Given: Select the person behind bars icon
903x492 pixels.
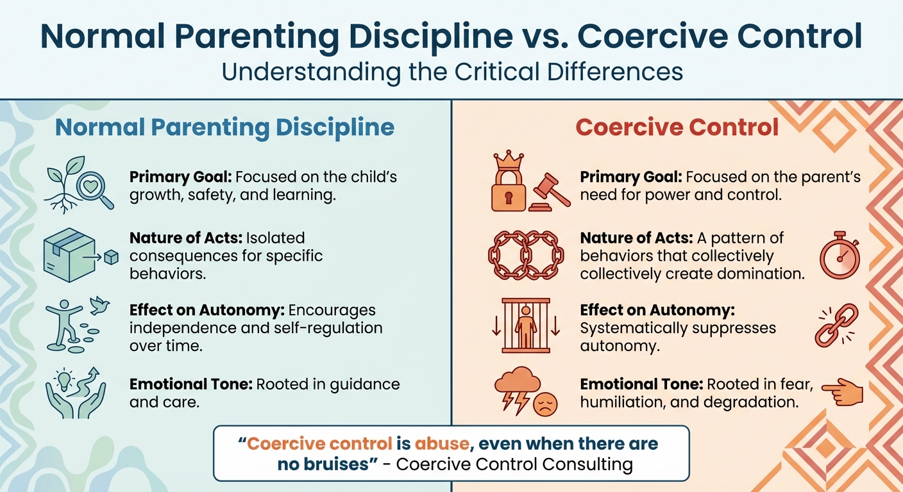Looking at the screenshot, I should click(525, 325).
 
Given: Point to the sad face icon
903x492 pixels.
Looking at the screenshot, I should click(546, 404).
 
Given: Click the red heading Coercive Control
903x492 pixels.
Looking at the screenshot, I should click(677, 127).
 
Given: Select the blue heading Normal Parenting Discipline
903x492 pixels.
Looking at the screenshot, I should click(224, 127).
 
